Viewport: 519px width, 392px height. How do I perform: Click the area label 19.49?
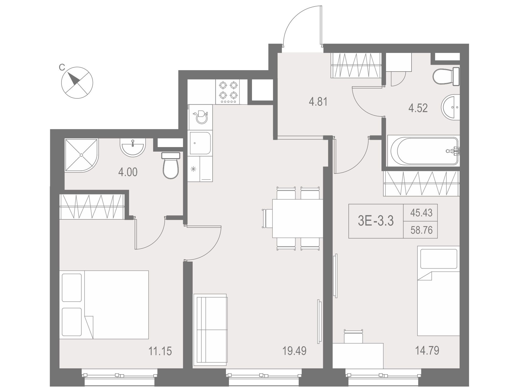294,351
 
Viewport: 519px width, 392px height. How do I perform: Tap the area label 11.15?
160,351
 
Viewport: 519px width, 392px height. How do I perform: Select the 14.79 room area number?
427,350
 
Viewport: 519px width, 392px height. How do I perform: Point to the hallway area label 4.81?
318,102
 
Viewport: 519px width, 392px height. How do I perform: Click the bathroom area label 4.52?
418,108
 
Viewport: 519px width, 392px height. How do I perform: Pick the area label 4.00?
128,172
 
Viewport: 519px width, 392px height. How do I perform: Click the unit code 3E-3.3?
376,221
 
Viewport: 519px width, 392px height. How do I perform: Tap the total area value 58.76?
421,230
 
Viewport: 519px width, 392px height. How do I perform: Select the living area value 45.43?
421,213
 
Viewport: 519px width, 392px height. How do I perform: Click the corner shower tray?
81,155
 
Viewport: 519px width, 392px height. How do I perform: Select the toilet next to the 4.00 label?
171,166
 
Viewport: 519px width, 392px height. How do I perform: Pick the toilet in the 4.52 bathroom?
446,76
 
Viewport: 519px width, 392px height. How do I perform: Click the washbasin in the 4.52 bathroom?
450,107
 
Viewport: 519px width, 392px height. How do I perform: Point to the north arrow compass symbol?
77,83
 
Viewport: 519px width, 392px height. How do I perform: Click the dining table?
298,218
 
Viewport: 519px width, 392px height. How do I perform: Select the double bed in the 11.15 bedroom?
104,305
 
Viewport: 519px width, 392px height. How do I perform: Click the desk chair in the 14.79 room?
354,336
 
